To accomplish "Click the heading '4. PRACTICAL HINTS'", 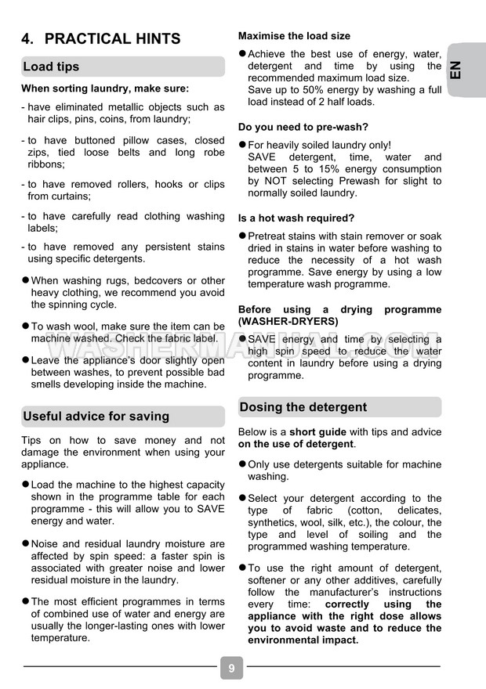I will (101, 38).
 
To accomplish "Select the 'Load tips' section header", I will (52, 67).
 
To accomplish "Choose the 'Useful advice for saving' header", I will (96, 416).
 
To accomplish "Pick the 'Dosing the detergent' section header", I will (303, 407).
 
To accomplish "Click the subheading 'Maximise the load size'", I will (294, 36).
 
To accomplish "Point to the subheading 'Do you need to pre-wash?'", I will (303, 127).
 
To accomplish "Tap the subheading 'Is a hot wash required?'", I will (296, 218).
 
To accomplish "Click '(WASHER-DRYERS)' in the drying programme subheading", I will (288, 321).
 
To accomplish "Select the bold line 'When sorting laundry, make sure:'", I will (105, 88).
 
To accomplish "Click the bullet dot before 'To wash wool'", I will (25, 326).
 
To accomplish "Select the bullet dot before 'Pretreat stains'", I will (242, 236).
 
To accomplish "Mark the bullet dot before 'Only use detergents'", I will (242, 464).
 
